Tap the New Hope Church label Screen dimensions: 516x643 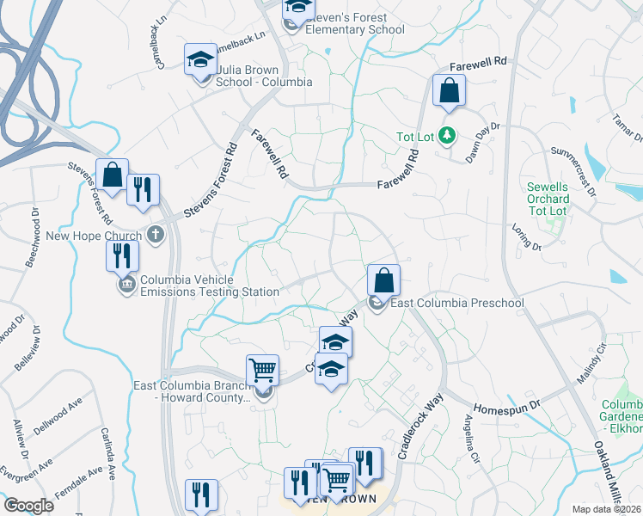(x=94, y=235)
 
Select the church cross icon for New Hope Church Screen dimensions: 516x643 (x=156, y=234)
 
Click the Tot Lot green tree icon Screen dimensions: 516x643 (x=447, y=135)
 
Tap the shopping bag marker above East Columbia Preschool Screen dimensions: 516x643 (x=383, y=280)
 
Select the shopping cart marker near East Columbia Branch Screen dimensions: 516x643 (x=262, y=371)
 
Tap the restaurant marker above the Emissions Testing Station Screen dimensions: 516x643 (x=122, y=255)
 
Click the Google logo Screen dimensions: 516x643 (x=28, y=506)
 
